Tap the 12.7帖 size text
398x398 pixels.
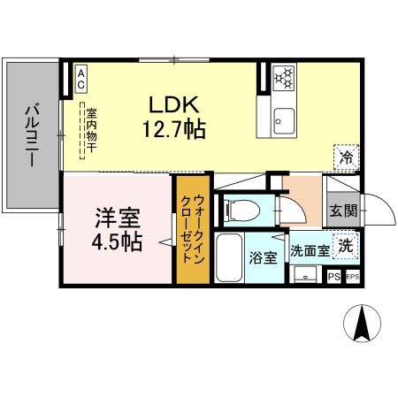(x=174, y=130)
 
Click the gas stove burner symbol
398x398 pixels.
(x=284, y=77)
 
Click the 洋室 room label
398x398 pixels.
(x=116, y=218)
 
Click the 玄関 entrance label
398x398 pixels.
(x=344, y=210)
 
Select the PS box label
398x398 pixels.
(x=333, y=277)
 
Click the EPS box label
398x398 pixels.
(x=352, y=277)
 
